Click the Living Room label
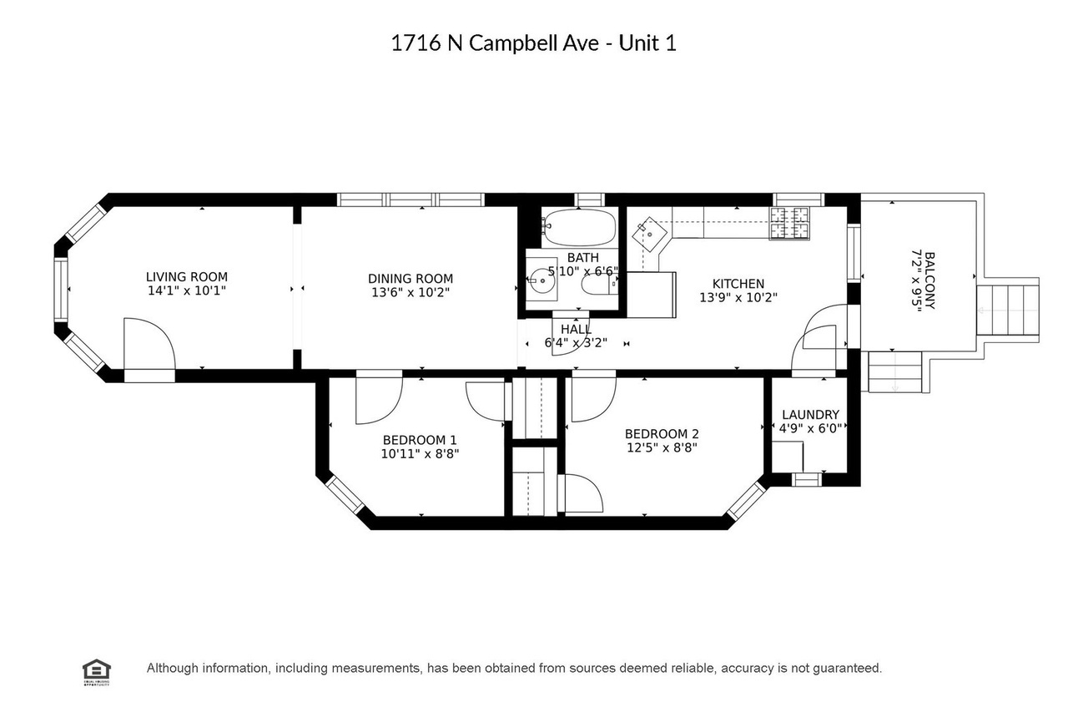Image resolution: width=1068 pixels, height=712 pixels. (x=186, y=276)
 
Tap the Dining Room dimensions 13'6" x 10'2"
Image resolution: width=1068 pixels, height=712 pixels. (x=410, y=292)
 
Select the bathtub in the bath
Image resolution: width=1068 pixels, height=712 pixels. (x=580, y=227)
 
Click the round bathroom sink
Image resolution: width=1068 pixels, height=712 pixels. (x=542, y=281)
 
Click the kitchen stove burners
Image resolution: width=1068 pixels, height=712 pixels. (x=789, y=223)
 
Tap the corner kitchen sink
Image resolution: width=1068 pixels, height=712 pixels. (x=649, y=235)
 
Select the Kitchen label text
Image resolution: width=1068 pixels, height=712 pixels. (x=738, y=284)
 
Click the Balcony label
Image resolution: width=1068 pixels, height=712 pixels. (x=929, y=281)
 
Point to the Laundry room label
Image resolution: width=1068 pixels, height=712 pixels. (x=810, y=414)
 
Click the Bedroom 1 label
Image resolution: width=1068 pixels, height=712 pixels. (x=420, y=440)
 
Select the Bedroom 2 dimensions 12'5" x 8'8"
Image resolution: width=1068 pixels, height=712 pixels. (x=662, y=447)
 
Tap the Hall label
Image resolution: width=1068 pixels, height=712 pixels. (x=576, y=329)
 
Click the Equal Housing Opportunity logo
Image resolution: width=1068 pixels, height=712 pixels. (x=97, y=671)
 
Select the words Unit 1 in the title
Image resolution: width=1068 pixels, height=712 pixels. (x=647, y=43)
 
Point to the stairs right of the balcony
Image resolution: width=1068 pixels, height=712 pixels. (x=1007, y=310)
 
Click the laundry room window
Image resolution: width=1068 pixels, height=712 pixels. (x=806, y=479)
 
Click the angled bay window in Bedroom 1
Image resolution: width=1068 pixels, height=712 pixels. (x=345, y=496)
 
